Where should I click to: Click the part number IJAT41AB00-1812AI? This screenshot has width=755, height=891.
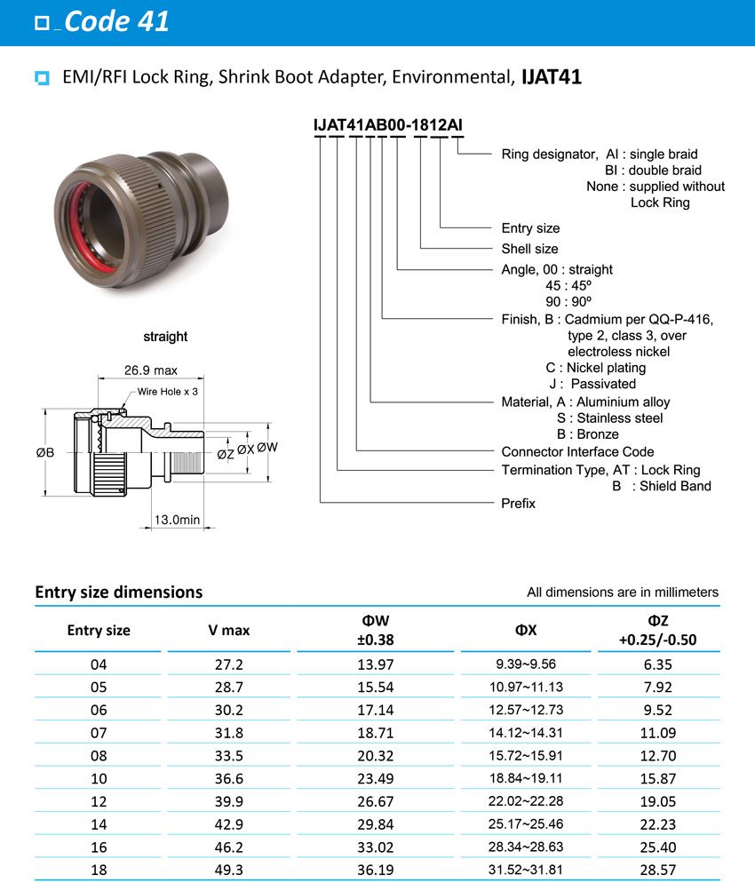click(388, 125)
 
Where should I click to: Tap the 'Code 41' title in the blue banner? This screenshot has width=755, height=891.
click(115, 21)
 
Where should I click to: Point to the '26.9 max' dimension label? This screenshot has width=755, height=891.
click(151, 370)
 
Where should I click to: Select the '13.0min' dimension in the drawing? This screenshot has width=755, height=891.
click(177, 520)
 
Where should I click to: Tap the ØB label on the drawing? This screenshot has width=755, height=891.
click(45, 452)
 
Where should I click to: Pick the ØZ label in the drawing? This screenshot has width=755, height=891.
click(226, 454)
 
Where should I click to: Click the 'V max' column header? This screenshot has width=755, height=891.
click(228, 630)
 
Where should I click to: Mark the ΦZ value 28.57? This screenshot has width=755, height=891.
click(658, 871)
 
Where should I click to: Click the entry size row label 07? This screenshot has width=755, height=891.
click(99, 732)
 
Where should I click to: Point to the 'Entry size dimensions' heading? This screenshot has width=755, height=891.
click(118, 592)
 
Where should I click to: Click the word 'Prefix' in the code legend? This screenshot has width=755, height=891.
click(519, 504)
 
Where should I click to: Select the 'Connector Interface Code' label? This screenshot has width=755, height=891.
click(577, 452)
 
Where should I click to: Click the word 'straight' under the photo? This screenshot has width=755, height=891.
click(165, 337)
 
